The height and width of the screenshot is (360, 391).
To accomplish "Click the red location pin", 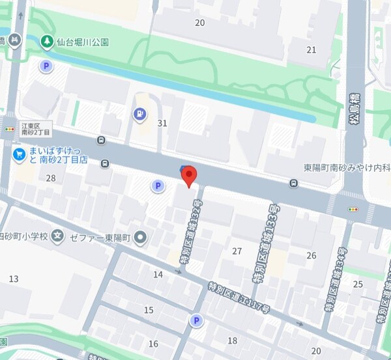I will pos(188,175).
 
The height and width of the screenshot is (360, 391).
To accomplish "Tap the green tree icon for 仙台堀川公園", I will pos(47,42).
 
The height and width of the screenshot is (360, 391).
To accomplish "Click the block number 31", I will pos(163,123).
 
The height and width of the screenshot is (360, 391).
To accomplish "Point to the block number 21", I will pos(311,49).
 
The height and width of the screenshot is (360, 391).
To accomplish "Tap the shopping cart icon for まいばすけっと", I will pos(20,155).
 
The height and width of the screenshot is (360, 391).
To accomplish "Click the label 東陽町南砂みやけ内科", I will pos(347,167).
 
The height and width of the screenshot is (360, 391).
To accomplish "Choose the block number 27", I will pos(237,251).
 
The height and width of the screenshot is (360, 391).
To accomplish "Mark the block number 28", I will pos(51,178).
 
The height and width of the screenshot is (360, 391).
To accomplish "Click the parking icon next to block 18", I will pos(195,320).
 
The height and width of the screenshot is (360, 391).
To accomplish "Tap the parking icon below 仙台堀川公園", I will pos(47,66).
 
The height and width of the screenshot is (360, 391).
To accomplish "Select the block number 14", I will pos(158,275).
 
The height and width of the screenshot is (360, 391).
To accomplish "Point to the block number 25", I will pos(358,284).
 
